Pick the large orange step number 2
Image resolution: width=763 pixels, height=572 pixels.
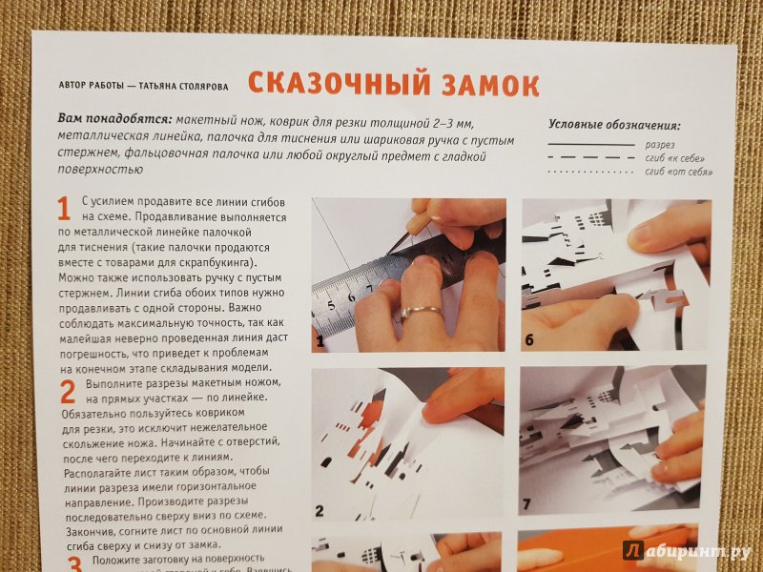point(68,392)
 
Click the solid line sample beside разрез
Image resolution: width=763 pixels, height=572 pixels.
point(591,145)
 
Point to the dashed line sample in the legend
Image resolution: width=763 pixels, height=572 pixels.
point(591,157)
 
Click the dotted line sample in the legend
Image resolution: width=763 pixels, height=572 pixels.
point(590,172)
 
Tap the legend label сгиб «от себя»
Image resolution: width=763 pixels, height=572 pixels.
point(679,172)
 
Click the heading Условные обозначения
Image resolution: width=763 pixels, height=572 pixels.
point(614,125)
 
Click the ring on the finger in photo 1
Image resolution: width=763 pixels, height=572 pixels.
point(421,312)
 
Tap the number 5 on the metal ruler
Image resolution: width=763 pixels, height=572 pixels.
point(331,306)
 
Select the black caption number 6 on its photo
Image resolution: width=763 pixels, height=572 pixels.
point(529,340)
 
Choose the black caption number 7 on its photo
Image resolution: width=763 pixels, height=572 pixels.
point(526,504)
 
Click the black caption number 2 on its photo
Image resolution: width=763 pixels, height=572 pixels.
point(320,511)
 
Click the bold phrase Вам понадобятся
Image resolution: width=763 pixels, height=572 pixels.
point(115,119)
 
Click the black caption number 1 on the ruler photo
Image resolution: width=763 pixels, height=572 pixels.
point(320,341)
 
